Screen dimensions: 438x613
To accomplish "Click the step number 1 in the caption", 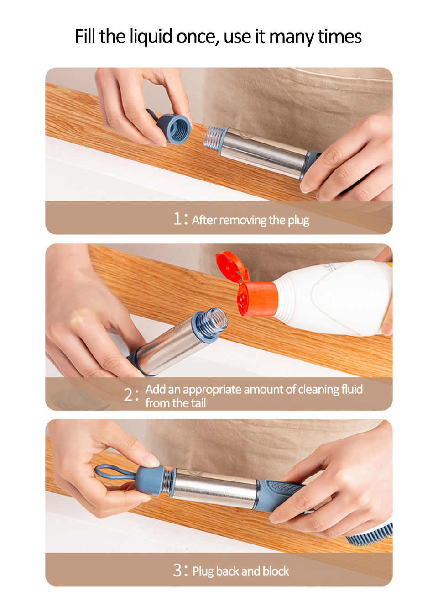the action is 177,219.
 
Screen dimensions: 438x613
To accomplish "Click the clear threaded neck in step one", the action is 214,138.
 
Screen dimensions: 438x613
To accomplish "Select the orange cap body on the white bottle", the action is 256,299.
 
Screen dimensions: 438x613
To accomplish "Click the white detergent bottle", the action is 331,298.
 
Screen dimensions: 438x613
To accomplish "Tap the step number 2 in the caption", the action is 128,395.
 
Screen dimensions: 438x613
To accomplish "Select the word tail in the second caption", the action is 196,403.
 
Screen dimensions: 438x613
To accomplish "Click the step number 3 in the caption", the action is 177,571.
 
